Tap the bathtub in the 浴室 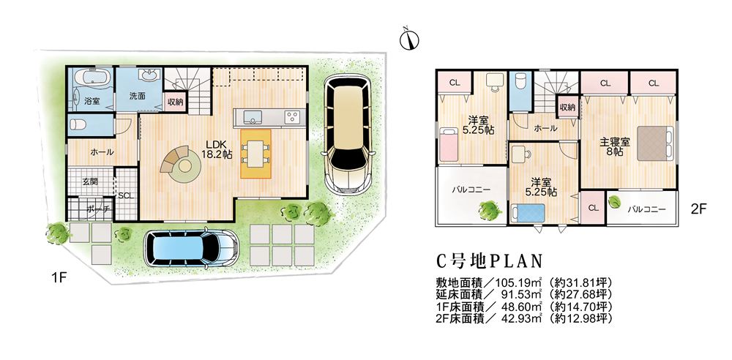[x=91, y=79]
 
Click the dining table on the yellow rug [x=255, y=152]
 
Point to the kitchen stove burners [x=293, y=117]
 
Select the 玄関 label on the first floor [x=89, y=181]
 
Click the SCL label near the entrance [x=124, y=196]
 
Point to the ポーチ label [x=97, y=209]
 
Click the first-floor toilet [x=81, y=124]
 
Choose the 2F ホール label [x=546, y=128]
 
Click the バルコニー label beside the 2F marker [x=646, y=209]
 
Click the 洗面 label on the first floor [x=138, y=96]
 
